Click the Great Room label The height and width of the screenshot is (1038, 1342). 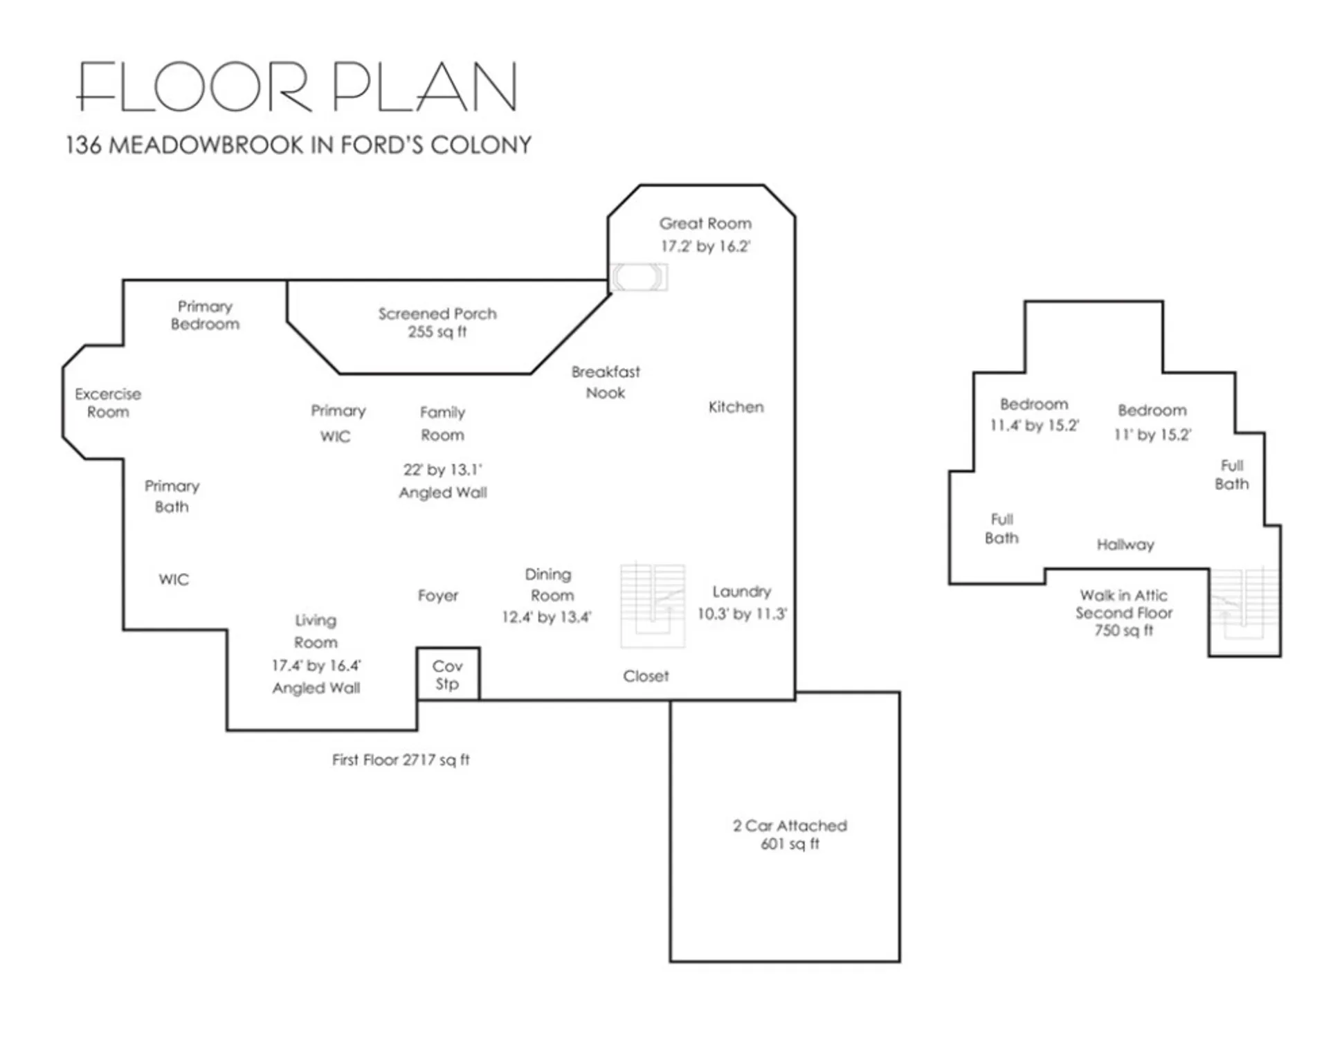tap(705, 224)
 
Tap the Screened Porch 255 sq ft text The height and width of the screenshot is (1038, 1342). tap(437, 322)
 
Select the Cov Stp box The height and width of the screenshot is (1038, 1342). tap(448, 674)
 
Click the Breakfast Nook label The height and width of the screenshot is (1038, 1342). tap(605, 382)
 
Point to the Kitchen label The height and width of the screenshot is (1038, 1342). tap(736, 407)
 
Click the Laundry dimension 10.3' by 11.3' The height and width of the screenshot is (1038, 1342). tap(741, 614)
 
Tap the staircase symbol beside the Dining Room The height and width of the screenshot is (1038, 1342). tap(652, 605)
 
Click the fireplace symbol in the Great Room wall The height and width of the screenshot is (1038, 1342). tap(638, 277)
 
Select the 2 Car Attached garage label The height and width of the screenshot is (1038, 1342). tap(789, 834)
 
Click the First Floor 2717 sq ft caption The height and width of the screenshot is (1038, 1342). tap(401, 759)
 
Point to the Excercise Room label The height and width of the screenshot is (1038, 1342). tap(108, 403)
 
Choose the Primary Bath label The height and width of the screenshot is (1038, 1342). tap(172, 496)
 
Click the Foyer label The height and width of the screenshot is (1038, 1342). tap(437, 595)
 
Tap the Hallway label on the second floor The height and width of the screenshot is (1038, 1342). tap(1125, 545)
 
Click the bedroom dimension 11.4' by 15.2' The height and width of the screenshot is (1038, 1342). tap(1033, 426)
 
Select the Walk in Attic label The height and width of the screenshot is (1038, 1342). tap(1123, 595)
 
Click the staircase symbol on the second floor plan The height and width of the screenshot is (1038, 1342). tap(1244, 605)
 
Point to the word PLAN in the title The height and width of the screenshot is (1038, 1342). tap(424, 87)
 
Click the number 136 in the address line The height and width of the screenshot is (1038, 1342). tap(83, 145)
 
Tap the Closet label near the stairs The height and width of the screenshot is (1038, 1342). tap(645, 676)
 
